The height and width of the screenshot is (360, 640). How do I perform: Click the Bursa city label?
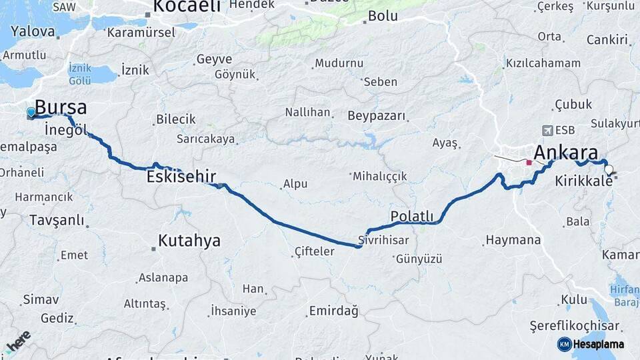(x=61, y=107)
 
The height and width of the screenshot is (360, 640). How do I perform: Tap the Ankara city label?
(x=565, y=152)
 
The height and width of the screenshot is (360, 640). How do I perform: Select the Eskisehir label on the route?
(x=181, y=177)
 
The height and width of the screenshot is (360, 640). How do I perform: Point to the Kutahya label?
(x=189, y=241)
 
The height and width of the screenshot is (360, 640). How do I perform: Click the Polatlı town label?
(x=412, y=216)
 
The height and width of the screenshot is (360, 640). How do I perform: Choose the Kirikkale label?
(x=583, y=181)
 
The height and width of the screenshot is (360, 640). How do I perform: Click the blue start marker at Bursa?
(x=31, y=112)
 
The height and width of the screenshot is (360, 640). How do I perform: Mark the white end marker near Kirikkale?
(x=608, y=169)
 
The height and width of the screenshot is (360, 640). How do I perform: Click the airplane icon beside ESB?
(x=548, y=130)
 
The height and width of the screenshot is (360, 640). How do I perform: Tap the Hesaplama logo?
(x=591, y=344)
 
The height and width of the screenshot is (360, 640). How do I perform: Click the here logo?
(x=18, y=341)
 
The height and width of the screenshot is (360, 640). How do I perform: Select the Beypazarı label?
(x=377, y=116)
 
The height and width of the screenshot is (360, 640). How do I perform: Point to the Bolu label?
(x=383, y=16)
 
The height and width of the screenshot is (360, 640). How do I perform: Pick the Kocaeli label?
(x=187, y=7)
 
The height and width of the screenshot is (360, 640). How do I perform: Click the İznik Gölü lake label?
(x=80, y=74)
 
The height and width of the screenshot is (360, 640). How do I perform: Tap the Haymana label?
(x=513, y=240)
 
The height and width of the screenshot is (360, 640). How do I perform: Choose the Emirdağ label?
(x=333, y=311)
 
